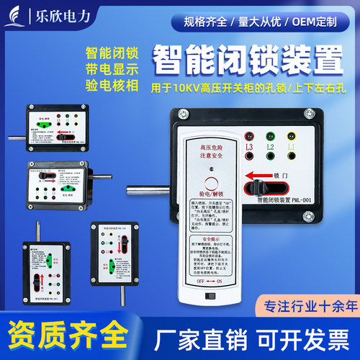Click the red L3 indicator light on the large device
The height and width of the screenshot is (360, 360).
250,135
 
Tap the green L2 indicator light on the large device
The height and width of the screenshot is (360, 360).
270,135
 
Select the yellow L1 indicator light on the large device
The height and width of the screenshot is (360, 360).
292,135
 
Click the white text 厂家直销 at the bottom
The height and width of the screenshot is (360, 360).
198,338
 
